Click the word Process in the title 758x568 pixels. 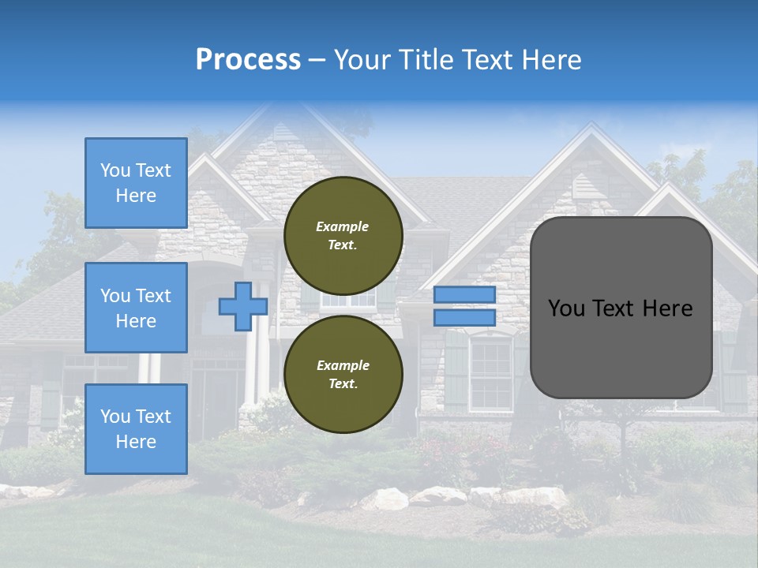pyautogui.click(x=248, y=60)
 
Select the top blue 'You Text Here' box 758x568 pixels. pyautogui.click(x=136, y=183)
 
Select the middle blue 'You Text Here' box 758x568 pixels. pyautogui.click(x=136, y=308)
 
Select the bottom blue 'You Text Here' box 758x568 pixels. pyautogui.click(x=136, y=428)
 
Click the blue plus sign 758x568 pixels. pyautogui.click(x=242, y=307)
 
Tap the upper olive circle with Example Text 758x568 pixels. pyautogui.click(x=343, y=235)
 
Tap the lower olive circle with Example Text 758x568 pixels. pyautogui.click(x=343, y=374)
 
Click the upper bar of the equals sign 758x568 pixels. pyautogui.click(x=464, y=294)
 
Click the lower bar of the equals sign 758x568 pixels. pyautogui.click(x=464, y=318)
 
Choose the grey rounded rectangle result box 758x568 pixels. pyautogui.click(x=621, y=347)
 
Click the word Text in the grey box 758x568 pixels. pyautogui.click(x=620, y=308)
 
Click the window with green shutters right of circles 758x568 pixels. pyautogui.click(x=490, y=372)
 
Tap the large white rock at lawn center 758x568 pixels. pyautogui.click(x=385, y=499)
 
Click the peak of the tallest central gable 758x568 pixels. pyautogui.click(x=300, y=106)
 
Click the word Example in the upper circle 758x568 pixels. pyautogui.click(x=342, y=226)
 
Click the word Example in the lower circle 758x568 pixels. pyautogui.click(x=342, y=365)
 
